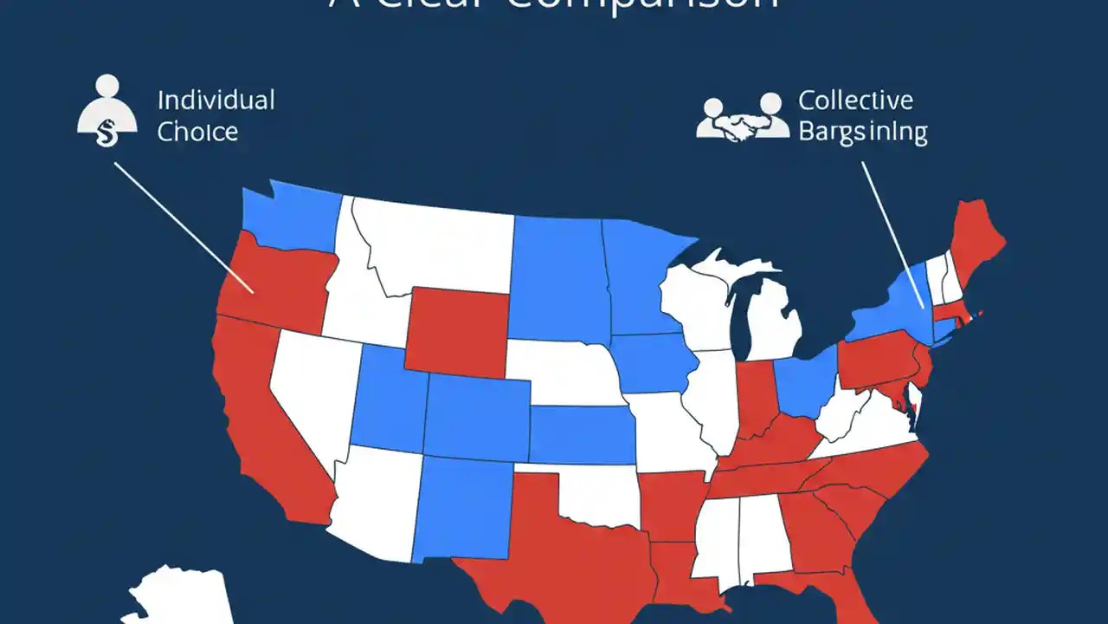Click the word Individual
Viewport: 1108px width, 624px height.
(x=216, y=100)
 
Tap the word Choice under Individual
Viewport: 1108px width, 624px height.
(x=197, y=132)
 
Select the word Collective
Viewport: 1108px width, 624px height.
(x=855, y=100)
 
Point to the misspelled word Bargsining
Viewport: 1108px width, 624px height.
(x=862, y=133)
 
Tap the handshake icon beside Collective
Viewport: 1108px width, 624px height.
(x=743, y=120)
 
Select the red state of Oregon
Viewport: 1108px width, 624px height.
(x=273, y=277)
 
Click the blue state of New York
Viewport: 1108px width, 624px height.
(x=892, y=308)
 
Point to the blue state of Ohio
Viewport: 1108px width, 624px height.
(x=805, y=381)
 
